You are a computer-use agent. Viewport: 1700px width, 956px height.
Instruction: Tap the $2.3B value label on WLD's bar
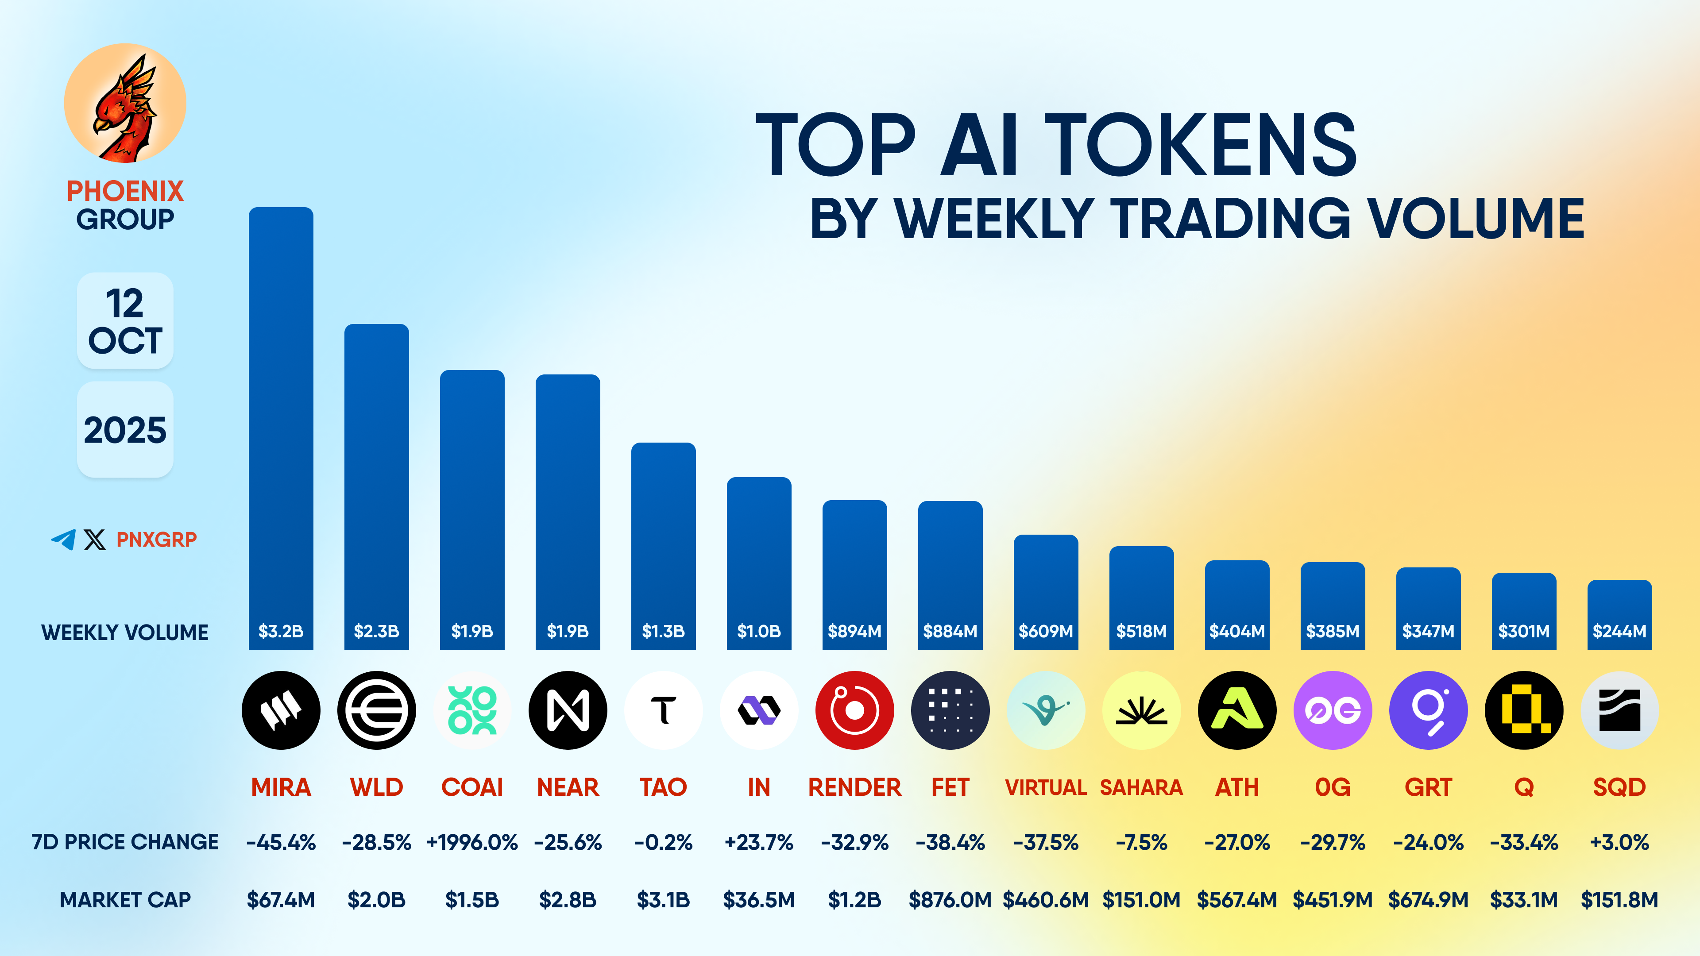click(x=376, y=632)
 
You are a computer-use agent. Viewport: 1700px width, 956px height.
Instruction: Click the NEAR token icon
click(x=568, y=710)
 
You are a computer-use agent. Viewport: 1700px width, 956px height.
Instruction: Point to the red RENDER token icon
click(x=854, y=710)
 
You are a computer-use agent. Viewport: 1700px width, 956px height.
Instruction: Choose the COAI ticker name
click(x=472, y=787)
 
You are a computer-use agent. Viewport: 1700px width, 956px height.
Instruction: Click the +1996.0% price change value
click(x=472, y=843)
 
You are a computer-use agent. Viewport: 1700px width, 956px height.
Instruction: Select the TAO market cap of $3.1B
click(x=663, y=900)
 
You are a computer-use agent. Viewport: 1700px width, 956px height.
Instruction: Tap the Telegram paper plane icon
click(x=63, y=540)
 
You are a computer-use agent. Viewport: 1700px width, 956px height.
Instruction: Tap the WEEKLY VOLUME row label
click(x=125, y=632)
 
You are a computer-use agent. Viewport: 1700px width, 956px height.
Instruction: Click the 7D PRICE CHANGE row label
click(x=125, y=843)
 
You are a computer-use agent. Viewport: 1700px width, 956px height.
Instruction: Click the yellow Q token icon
click(x=1524, y=710)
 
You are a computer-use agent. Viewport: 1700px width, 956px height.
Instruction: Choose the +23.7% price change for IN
click(x=758, y=843)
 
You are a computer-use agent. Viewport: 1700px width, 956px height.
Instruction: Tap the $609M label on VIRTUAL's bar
click(x=1045, y=632)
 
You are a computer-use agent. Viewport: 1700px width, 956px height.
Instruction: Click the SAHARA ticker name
click(x=1141, y=787)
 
